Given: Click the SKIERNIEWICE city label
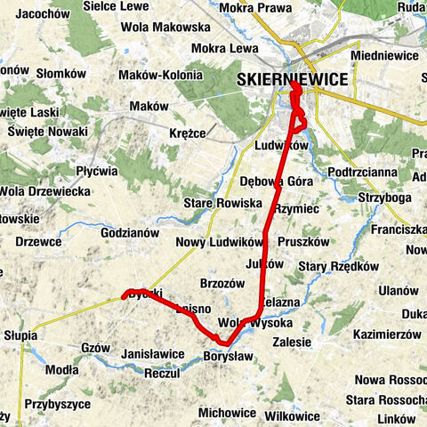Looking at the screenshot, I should (x=292, y=80).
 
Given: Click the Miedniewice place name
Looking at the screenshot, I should (x=383, y=55).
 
